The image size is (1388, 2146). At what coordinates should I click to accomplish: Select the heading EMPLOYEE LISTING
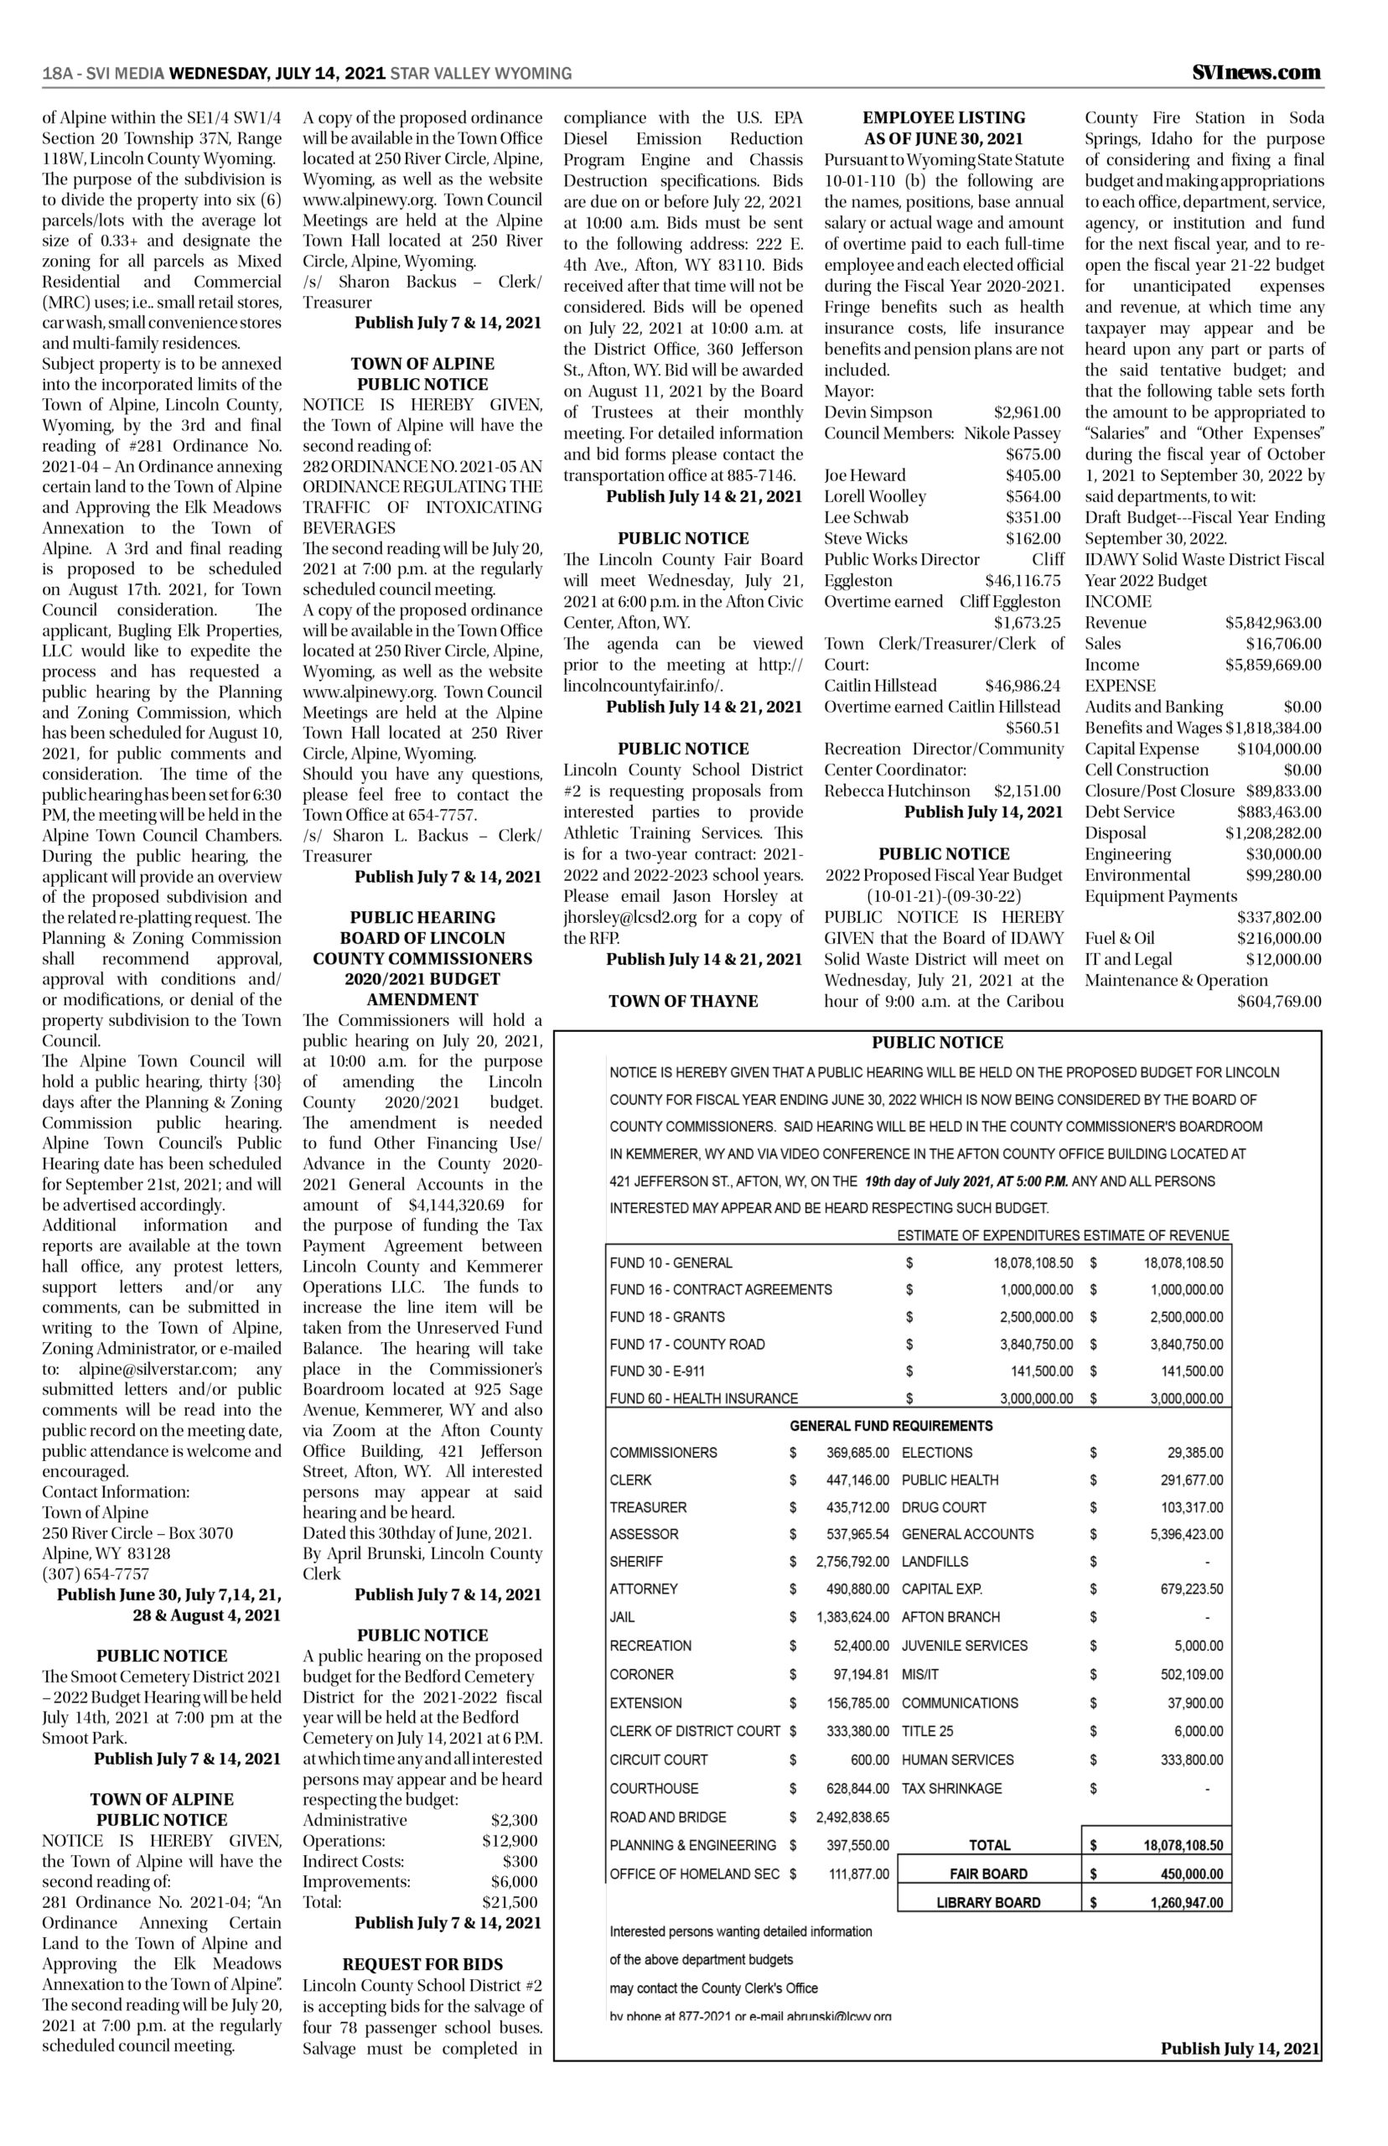pos(944,117)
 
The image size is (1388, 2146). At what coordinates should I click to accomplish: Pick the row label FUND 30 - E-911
pos(657,1371)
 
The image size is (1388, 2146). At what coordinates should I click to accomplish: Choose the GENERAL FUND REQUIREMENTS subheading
pos(890,1426)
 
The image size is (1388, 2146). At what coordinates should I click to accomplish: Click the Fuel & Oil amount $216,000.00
pos(1279,938)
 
